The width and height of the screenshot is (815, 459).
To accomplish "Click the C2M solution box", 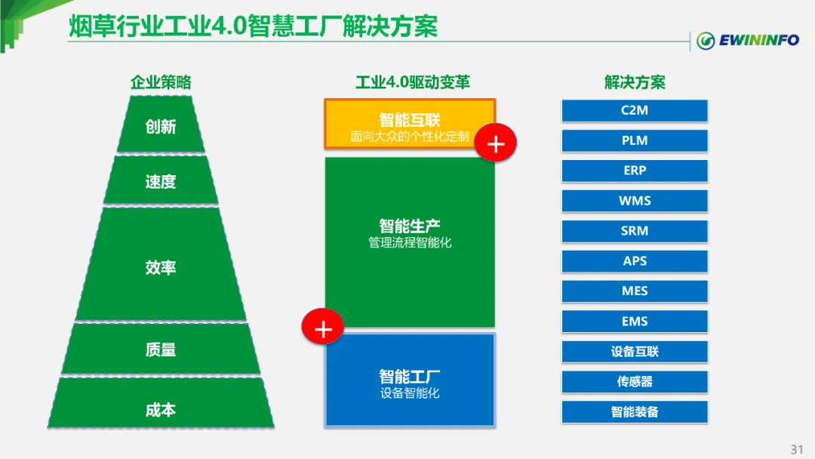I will click(635, 111).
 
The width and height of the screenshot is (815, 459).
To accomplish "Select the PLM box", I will click(635, 141).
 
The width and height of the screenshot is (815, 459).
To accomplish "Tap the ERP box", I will click(635, 171).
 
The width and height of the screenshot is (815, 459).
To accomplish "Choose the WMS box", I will click(635, 202).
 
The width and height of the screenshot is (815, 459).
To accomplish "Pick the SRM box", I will click(635, 232).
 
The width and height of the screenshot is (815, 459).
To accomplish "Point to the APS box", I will click(635, 262).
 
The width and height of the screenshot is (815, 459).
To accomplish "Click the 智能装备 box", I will click(635, 412).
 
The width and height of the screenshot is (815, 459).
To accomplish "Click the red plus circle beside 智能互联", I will click(496, 143).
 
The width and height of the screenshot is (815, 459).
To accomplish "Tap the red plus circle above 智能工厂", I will click(323, 328).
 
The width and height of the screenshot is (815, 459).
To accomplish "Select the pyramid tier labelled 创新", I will click(161, 125).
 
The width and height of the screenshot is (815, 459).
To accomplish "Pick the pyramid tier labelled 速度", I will click(161, 181).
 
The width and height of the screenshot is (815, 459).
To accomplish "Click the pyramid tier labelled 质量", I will click(161, 350).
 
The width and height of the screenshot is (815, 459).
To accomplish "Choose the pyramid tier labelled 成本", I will click(161, 411).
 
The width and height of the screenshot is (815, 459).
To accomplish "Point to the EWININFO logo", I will click(748, 40).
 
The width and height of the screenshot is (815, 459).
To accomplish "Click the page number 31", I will click(797, 449).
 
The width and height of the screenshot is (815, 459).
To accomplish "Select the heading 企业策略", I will click(161, 82).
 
